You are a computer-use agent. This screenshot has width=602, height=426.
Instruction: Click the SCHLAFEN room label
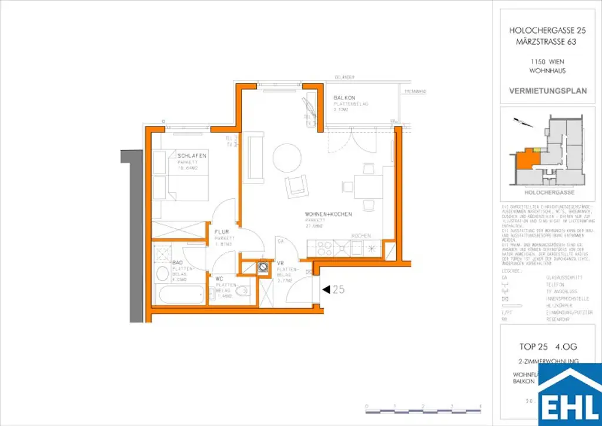[191, 156]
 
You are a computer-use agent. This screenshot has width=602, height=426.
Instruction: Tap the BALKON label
[343, 98]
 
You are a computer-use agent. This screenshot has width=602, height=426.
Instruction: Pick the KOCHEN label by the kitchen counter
[360, 235]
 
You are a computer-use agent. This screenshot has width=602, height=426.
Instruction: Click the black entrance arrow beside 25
[325, 289]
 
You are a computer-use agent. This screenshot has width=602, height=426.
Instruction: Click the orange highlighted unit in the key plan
[526, 159]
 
